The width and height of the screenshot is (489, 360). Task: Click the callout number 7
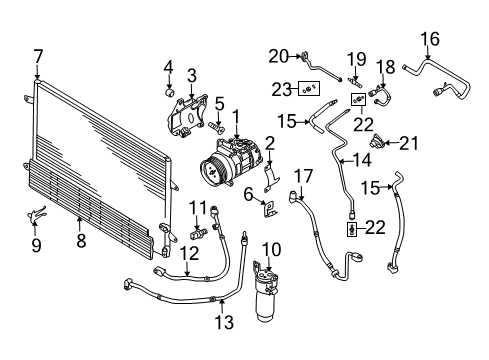[38, 57]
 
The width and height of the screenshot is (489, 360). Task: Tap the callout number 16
[430, 39]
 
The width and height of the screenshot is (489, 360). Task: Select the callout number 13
[224, 322]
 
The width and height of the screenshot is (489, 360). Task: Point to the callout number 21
[408, 143]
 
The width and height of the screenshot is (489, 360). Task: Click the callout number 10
[272, 250]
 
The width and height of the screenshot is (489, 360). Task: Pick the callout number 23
[281, 89]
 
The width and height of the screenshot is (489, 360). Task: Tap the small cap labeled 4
[170, 92]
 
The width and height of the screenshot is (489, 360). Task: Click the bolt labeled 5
[216, 127]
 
